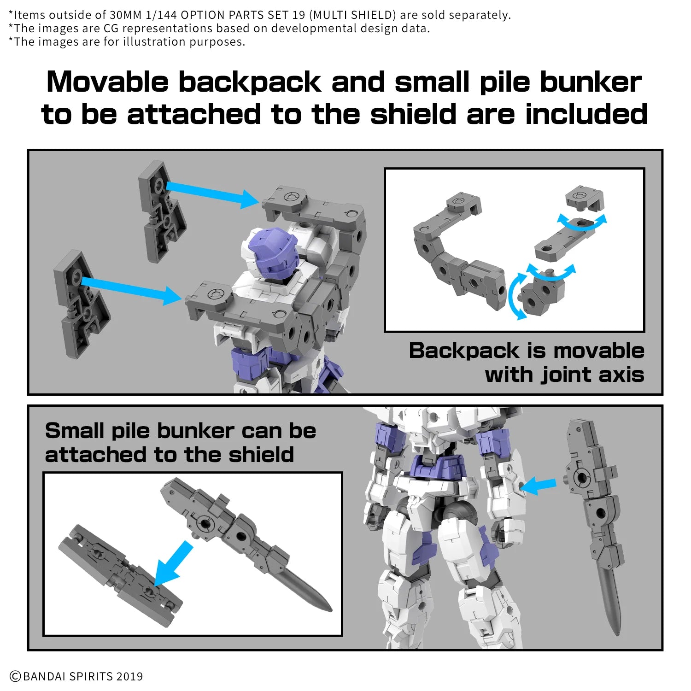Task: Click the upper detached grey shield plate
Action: click(161, 210)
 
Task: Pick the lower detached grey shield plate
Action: click(81, 304)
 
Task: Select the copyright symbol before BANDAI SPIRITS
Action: click(15, 676)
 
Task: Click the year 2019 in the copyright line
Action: click(129, 676)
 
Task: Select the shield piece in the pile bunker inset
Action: click(120, 576)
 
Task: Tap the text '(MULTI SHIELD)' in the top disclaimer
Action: click(352, 15)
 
